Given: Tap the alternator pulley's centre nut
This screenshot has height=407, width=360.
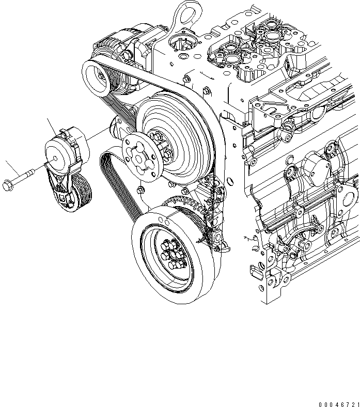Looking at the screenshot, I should pos(96,75).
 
